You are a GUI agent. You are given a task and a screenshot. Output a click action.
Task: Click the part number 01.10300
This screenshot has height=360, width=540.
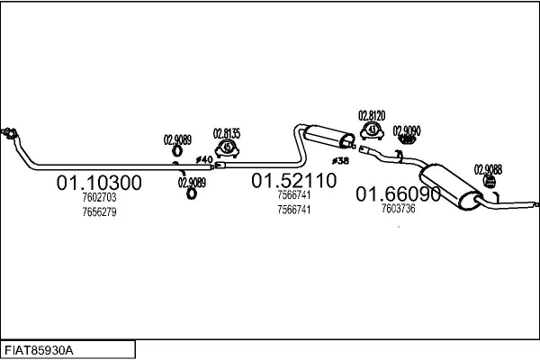[x=99, y=183]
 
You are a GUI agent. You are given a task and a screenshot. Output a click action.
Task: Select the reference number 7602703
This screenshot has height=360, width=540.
[x=99, y=197]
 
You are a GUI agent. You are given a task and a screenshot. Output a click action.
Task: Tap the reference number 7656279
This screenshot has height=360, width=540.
[x=99, y=211]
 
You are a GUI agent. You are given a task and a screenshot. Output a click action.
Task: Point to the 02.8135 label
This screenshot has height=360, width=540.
[x=227, y=134]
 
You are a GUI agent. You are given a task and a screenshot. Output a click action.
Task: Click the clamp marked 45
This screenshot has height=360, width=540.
[x=227, y=148]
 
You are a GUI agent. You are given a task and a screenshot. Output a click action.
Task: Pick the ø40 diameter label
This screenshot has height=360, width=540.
[x=204, y=159]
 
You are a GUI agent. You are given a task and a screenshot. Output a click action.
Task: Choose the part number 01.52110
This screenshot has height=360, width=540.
[x=293, y=181]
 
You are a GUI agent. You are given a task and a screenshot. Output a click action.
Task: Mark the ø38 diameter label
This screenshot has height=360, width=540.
[x=340, y=160]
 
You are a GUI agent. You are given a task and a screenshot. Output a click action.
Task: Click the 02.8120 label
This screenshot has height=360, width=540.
[x=372, y=116]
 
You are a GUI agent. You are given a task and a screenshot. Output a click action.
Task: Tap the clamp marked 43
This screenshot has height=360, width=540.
[x=372, y=130]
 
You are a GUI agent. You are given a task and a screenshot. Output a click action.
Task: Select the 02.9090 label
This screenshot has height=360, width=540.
[x=407, y=130]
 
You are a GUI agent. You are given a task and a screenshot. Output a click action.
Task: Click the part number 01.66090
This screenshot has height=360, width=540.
[x=398, y=194]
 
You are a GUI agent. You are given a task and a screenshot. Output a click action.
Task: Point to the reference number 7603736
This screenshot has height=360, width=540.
[x=398, y=209]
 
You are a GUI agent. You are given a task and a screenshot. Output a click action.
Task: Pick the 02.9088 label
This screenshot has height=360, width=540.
[x=488, y=169]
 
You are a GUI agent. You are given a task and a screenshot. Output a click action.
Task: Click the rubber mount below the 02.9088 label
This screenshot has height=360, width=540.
[x=489, y=181]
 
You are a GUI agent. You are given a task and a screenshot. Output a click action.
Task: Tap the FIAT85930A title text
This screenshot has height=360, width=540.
[x=39, y=351]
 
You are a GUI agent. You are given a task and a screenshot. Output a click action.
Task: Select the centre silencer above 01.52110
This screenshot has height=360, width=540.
[x=328, y=137]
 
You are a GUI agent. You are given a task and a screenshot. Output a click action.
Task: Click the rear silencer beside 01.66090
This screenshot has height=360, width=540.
[x=450, y=186]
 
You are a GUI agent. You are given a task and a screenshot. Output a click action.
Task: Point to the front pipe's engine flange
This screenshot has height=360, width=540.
[x=9, y=133]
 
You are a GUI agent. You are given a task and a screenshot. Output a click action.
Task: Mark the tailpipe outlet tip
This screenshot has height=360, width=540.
[x=537, y=204]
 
